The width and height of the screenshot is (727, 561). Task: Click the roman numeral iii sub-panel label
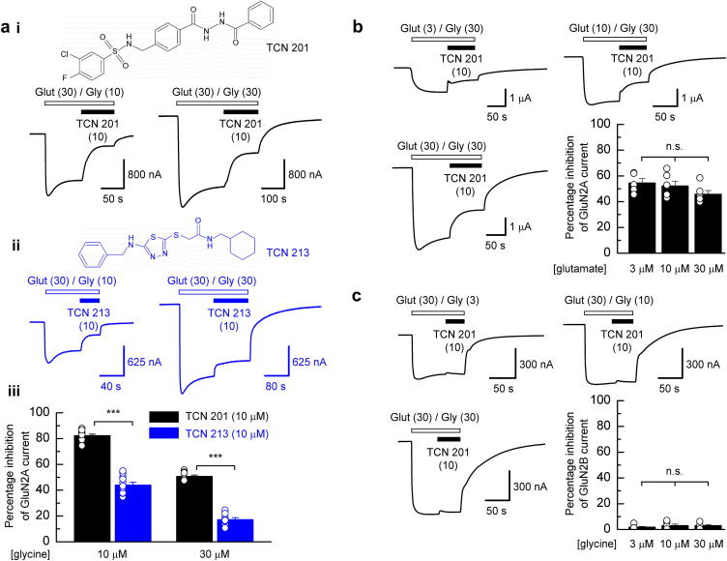19,392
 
